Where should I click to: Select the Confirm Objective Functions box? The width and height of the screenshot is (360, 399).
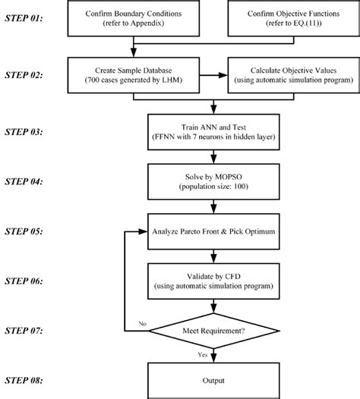click(291, 19)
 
